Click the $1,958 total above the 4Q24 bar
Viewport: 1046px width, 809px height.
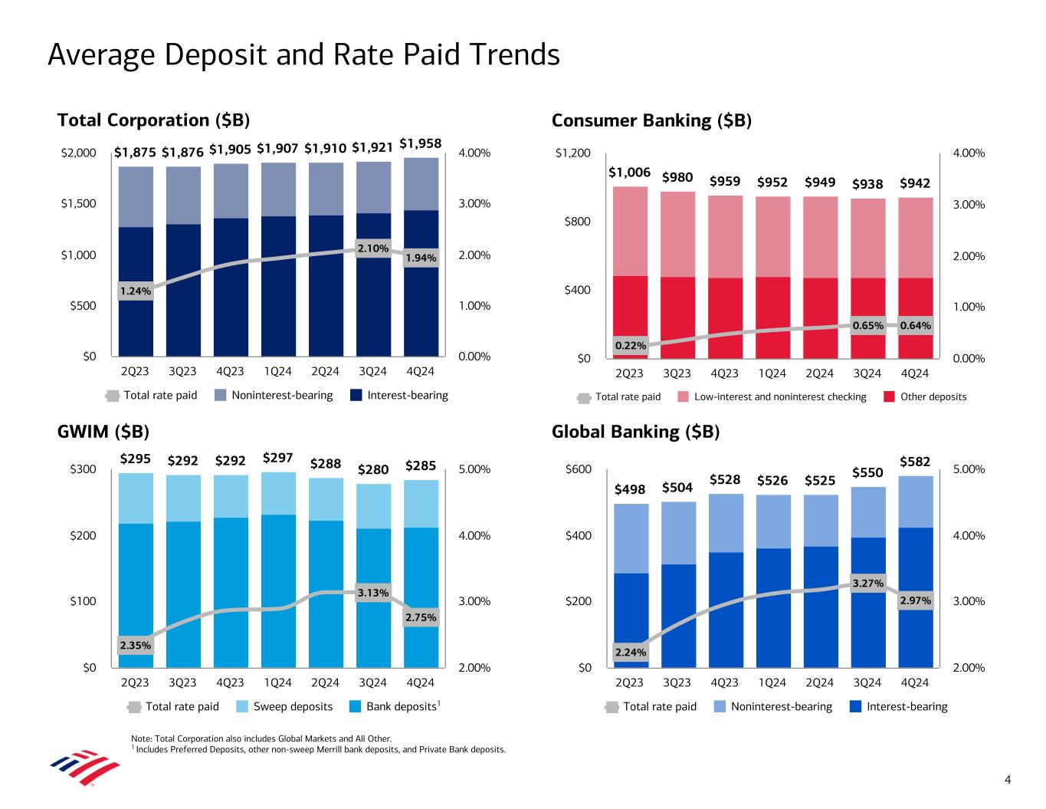point(421,143)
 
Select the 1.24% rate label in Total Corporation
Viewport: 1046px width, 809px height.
point(135,291)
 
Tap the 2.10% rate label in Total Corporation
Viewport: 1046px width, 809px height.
point(372,248)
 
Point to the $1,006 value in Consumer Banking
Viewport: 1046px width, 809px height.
point(629,173)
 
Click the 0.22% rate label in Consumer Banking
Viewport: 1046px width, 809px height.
point(630,346)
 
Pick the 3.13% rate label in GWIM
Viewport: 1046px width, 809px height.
point(372,592)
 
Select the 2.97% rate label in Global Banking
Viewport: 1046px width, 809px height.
point(915,600)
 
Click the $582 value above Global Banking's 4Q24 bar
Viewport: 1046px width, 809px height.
point(915,462)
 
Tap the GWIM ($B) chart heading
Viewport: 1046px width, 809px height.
point(103,432)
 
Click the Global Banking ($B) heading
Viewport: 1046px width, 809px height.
point(635,432)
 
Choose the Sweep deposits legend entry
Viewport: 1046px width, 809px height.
point(293,706)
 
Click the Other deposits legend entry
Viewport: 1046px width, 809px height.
point(933,396)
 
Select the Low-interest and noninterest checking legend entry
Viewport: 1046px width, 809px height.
point(779,396)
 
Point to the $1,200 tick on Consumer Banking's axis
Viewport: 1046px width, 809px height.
point(574,153)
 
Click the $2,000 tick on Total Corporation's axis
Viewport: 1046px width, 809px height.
point(79,153)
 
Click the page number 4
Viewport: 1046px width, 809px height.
point(1008,781)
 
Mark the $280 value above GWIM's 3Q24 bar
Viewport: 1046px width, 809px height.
point(373,469)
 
